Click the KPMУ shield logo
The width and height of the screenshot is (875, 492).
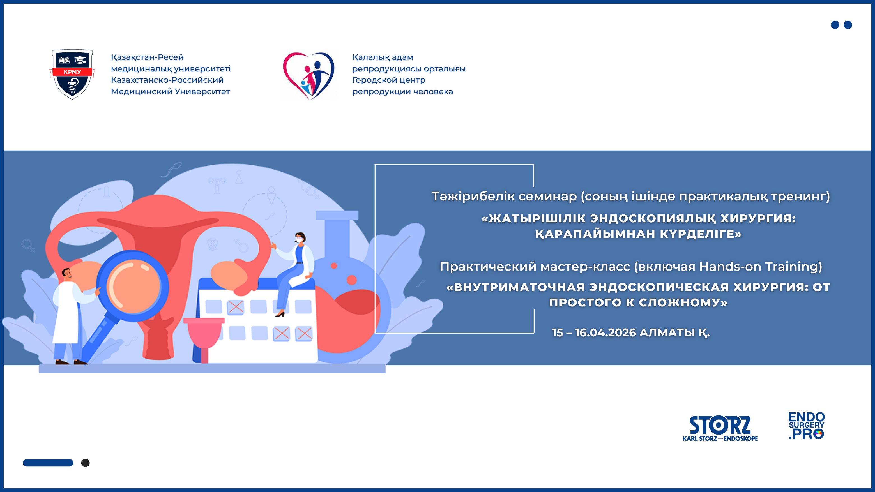[72, 74]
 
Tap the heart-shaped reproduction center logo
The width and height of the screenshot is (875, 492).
[308, 75]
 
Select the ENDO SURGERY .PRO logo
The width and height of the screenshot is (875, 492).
[806, 426]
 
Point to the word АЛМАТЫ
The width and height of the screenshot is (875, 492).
[667, 332]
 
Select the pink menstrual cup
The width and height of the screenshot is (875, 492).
[204, 334]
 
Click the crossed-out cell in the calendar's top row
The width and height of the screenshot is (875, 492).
[236, 307]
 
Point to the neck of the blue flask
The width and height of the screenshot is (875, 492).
[337, 238]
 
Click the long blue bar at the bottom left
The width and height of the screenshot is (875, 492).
[48, 463]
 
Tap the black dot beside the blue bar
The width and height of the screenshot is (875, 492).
[86, 463]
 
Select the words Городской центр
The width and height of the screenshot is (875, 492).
[389, 80]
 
